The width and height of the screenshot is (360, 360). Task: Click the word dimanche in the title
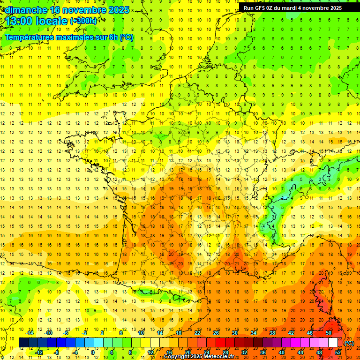(25, 10)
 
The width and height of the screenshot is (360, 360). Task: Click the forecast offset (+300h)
(83, 21)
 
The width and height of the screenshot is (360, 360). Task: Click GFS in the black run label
(261, 8)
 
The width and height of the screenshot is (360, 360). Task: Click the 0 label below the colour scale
(93, 352)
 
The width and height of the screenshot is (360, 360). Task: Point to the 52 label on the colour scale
(338, 352)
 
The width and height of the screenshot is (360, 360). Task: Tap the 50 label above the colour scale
(329, 333)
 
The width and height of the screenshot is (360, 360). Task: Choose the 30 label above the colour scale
(235, 333)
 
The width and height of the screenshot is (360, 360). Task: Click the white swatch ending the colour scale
(333, 343)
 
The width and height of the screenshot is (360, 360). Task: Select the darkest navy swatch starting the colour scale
(24, 343)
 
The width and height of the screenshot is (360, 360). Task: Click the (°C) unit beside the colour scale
(349, 343)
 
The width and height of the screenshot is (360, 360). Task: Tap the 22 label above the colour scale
(197, 333)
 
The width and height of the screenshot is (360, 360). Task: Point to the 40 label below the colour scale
(282, 352)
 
